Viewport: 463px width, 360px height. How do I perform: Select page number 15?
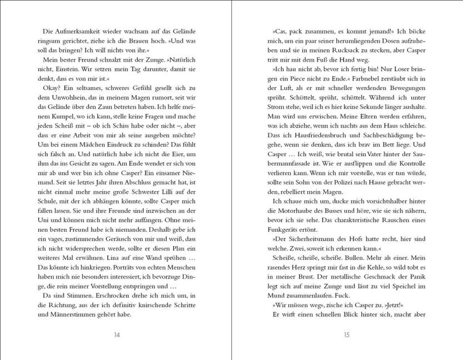346,335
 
